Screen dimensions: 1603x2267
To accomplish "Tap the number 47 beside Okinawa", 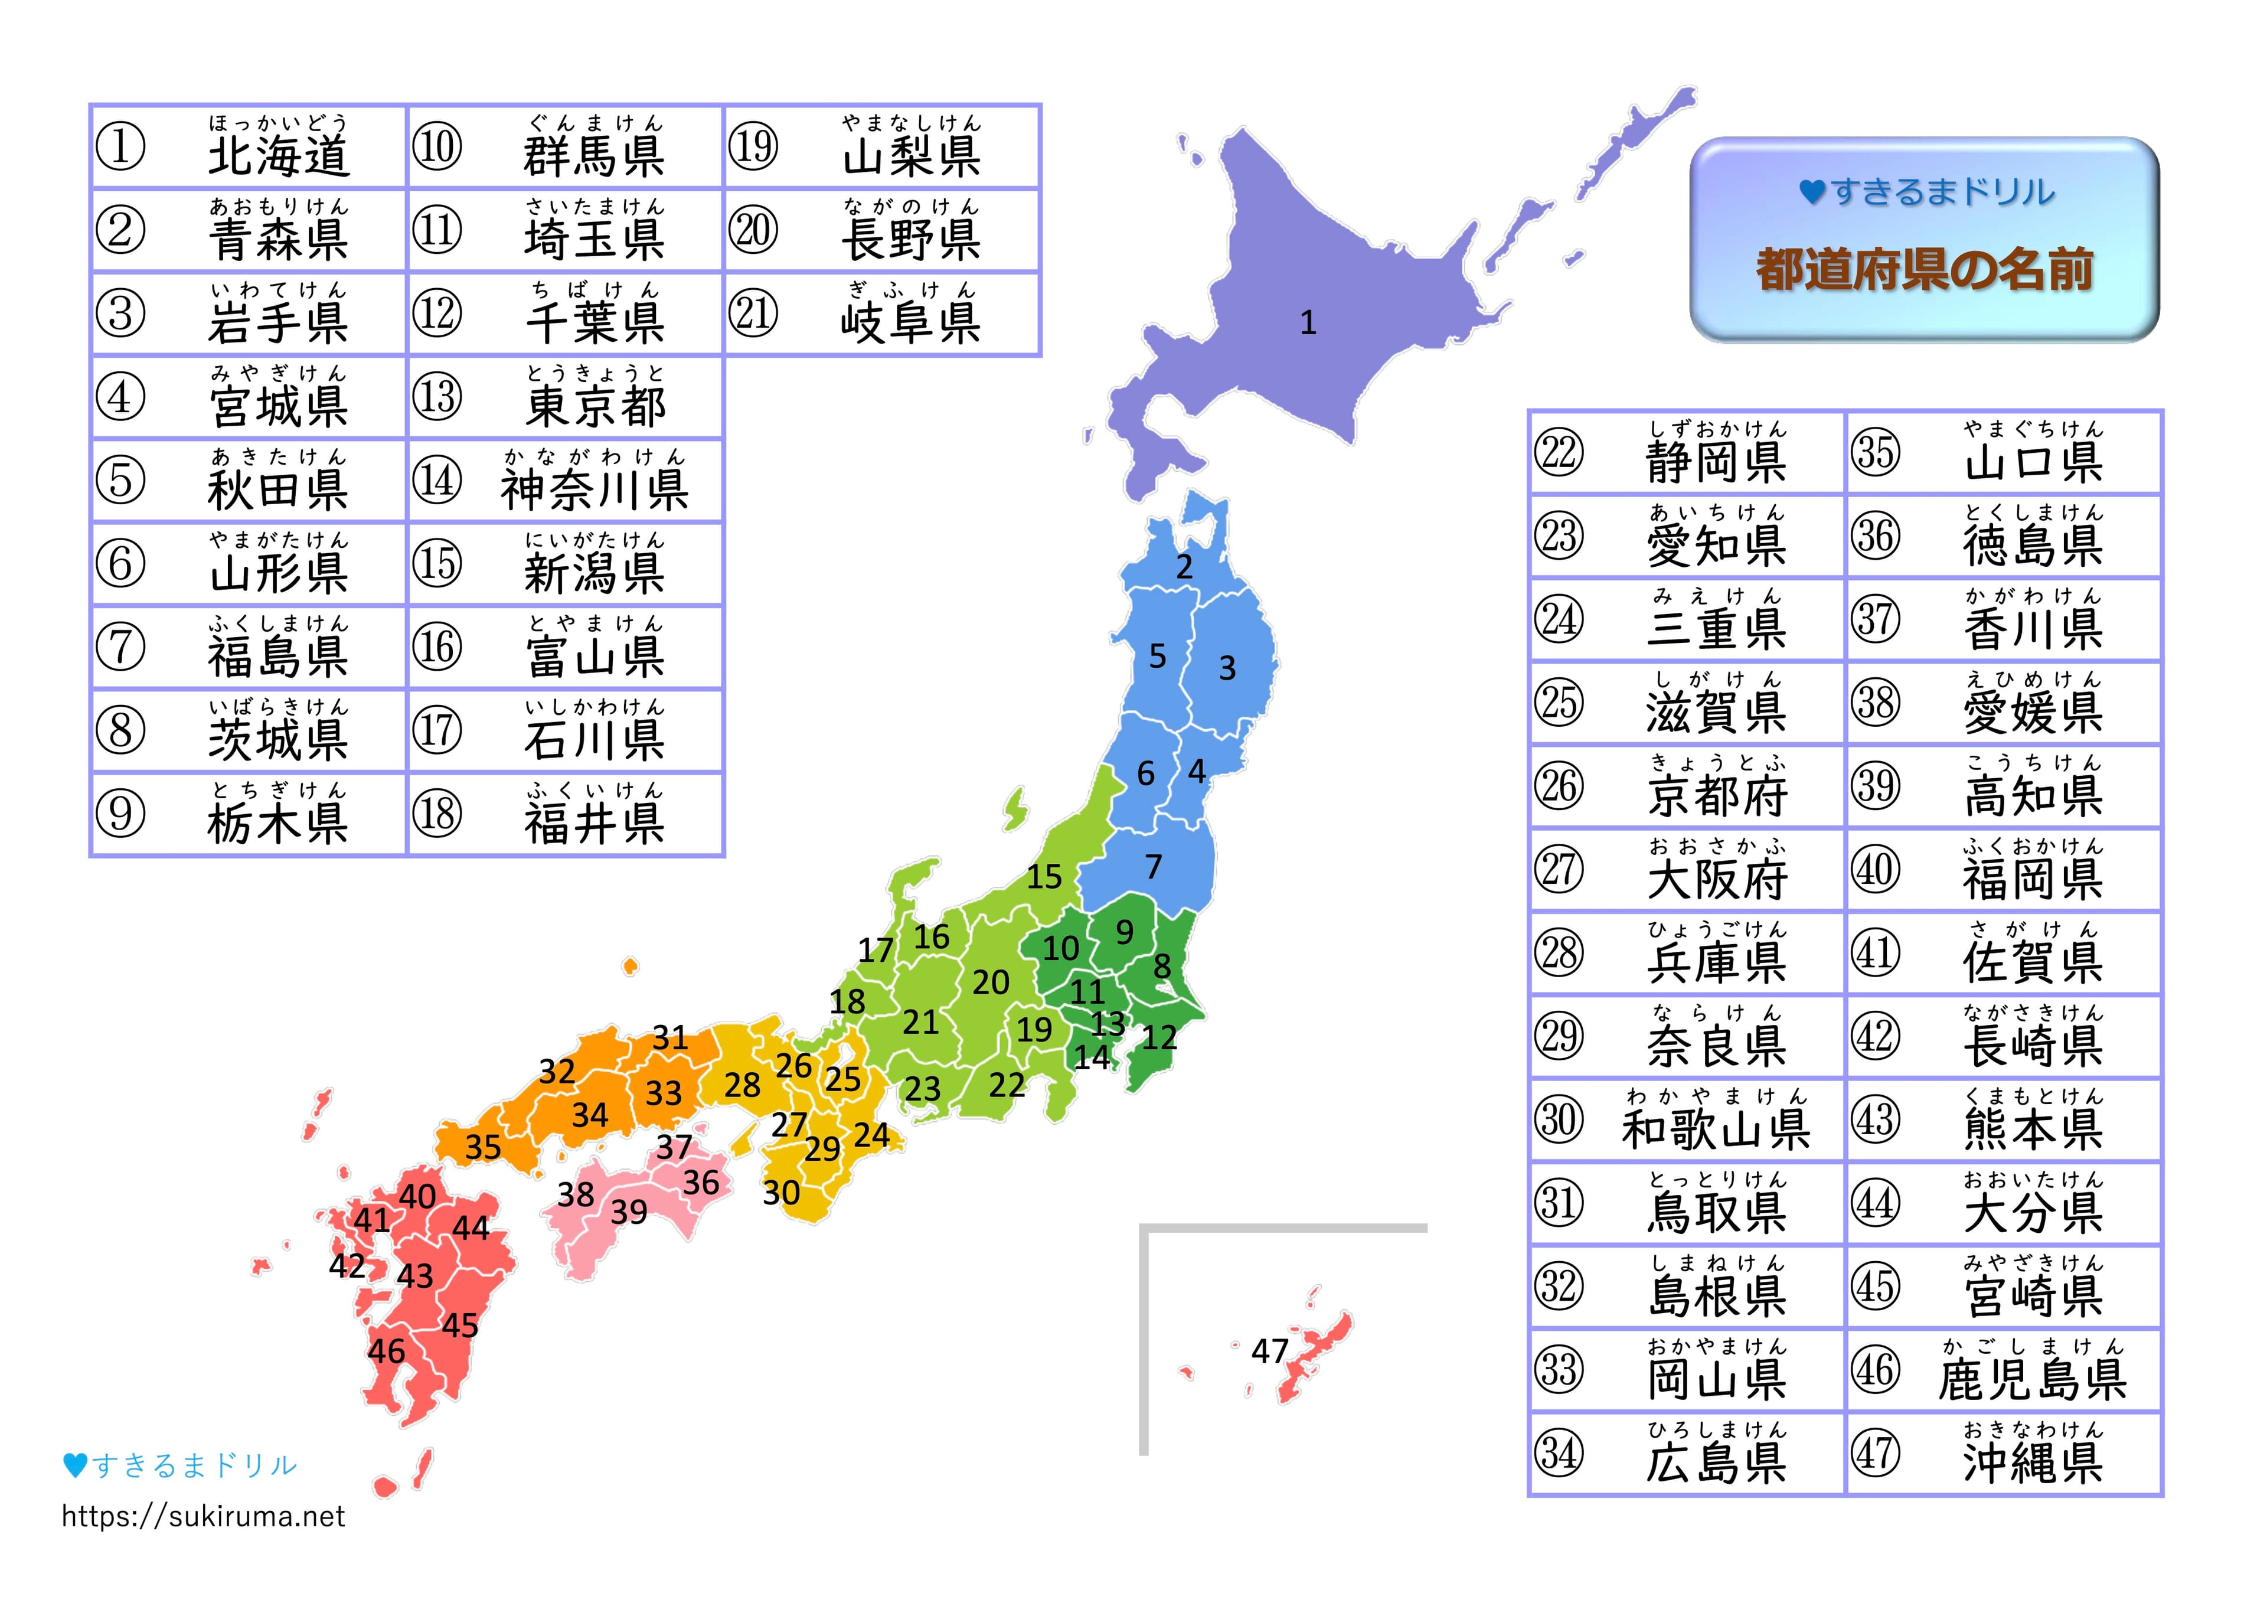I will (x=1270, y=1350).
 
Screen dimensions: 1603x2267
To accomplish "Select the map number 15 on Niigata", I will (x=1044, y=876).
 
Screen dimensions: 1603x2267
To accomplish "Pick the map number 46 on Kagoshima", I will (x=386, y=1350).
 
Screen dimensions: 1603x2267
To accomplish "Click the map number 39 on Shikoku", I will (x=629, y=1211).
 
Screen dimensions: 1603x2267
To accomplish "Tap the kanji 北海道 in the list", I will (x=279, y=156).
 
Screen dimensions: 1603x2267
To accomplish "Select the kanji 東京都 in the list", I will (x=596, y=406).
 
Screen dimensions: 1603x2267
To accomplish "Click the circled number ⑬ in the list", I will (x=437, y=397).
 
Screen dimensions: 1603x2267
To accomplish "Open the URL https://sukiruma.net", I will (x=204, y=1516).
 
